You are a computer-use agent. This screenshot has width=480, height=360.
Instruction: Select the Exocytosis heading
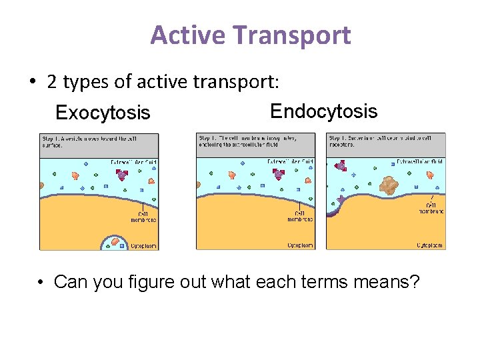tap(103, 113)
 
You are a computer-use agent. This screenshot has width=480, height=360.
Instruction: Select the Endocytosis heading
tap(323, 111)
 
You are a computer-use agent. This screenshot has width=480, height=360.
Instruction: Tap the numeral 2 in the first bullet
tap(52, 82)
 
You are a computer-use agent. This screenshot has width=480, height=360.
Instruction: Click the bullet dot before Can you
tap(41, 283)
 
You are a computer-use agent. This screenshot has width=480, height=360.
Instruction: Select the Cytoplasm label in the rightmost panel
tap(429, 245)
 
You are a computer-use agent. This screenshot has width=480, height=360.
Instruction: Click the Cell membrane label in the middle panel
tap(301, 216)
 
